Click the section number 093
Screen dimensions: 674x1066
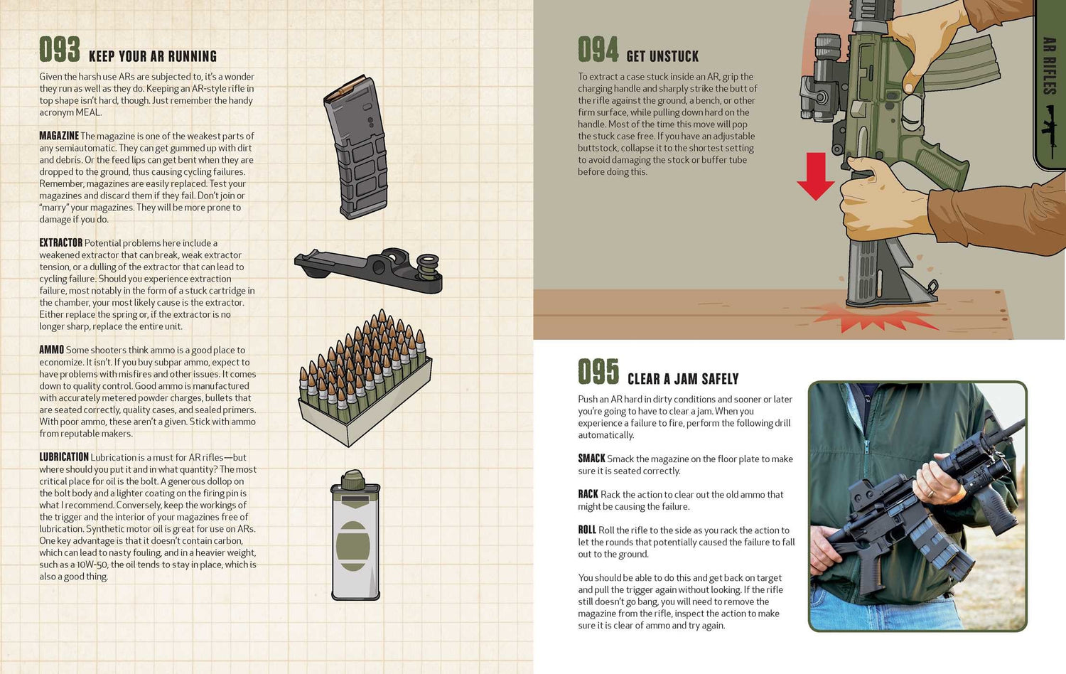click(59, 50)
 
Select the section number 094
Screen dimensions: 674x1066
click(598, 50)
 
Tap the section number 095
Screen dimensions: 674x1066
click(598, 373)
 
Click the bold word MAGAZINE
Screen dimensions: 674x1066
click(59, 136)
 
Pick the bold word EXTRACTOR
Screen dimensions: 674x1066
click(61, 242)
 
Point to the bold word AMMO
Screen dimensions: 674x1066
click(51, 350)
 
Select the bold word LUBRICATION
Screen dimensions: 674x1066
click(64, 457)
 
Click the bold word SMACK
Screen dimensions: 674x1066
click(591, 459)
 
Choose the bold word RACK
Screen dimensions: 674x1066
click(588, 494)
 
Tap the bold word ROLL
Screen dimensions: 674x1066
click(586, 530)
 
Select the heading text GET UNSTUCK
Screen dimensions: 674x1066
click(662, 57)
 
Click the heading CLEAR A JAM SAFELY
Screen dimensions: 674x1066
click(683, 380)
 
